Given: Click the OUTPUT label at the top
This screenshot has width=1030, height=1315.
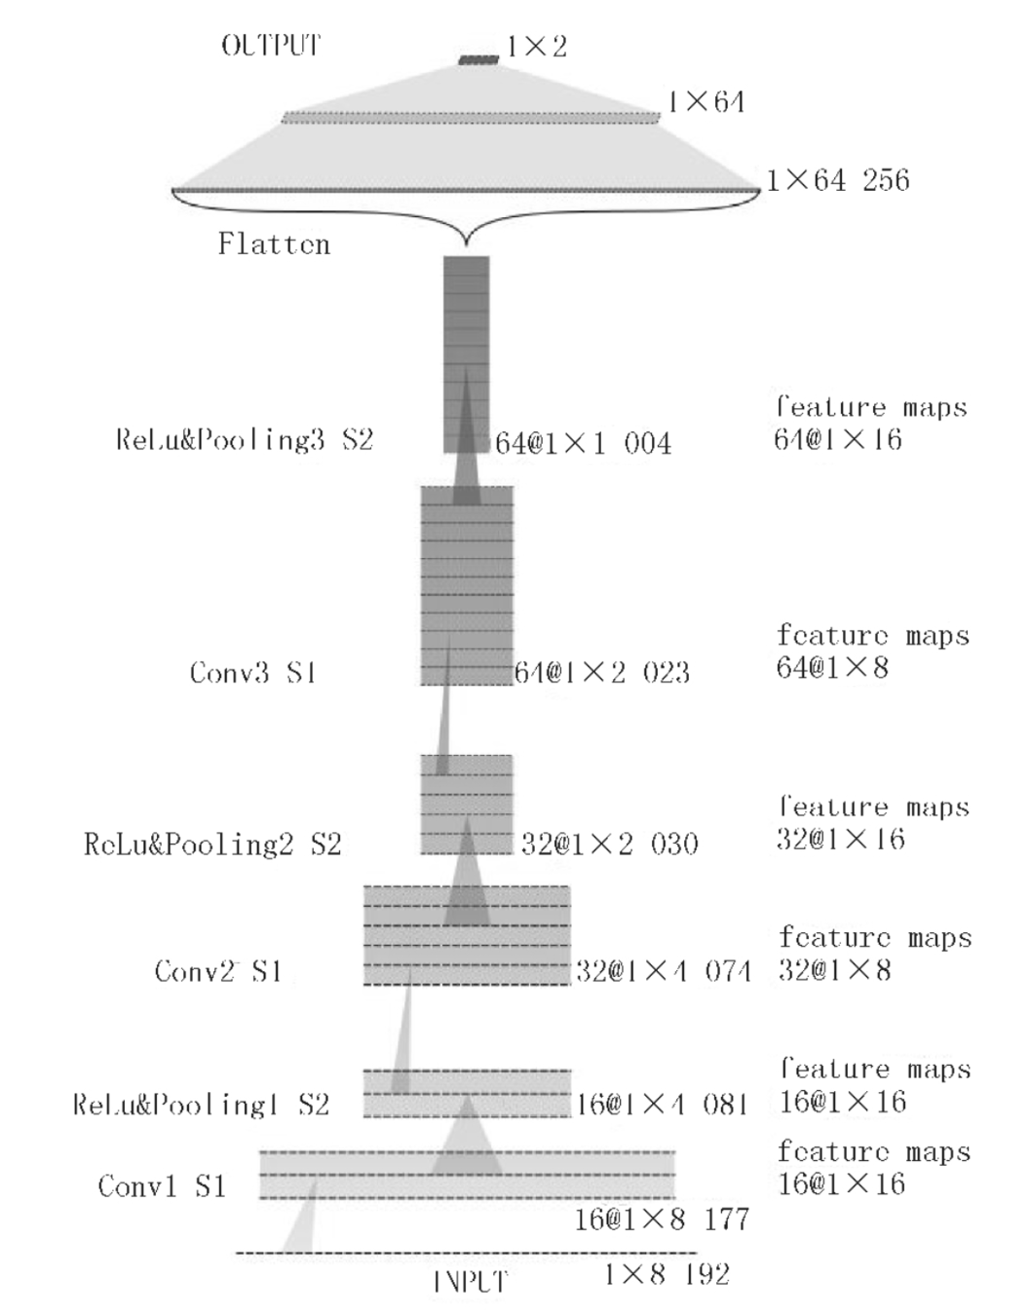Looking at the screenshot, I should pyautogui.click(x=271, y=46).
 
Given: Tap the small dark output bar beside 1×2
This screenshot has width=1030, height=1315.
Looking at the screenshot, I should pyautogui.click(x=478, y=60).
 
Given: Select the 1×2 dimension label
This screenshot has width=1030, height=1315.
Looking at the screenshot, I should pyautogui.click(x=536, y=46).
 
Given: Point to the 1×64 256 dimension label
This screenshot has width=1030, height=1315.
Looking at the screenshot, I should pyautogui.click(x=838, y=180).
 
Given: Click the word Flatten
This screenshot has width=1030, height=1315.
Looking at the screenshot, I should pyautogui.click(x=274, y=244).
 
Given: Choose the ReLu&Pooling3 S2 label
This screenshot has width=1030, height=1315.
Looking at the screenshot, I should pyautogui.click(x=245, y=439).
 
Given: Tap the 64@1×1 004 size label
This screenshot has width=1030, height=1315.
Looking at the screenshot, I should pyautogui.click(x=583, y=444).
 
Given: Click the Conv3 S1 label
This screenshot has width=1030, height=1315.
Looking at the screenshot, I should pyautogui.click(x=253, y=672).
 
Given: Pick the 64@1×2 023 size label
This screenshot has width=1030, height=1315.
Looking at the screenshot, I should pyautogui.click(x=602, y=672).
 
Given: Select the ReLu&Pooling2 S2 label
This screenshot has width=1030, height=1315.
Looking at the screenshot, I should pyautogui.click(x=212, y=844).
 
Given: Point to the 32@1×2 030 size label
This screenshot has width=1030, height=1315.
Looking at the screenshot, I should pyautogui.click(x=609, y=844).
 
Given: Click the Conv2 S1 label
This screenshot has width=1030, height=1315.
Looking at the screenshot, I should pyautogui.click(x=218, y=971).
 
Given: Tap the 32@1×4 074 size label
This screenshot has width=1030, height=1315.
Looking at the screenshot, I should pyautogui.click(x=663, y=971).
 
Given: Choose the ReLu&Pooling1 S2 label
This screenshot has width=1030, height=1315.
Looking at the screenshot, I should pyautogui.click(x=202, y=1105).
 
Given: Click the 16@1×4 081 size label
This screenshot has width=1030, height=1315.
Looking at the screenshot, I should pyautogui.click(x=662, y=1104).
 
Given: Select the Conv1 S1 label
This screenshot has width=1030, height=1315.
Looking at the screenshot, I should pyautogui.click(x=162, y=1185).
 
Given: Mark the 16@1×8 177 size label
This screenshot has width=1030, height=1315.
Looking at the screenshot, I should pyautogui.click(x=662, y=1219).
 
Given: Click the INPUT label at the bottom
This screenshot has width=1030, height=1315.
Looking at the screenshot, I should pyautogui.click(x=470, y=1282).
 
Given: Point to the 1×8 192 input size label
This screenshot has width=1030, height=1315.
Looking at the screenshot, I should pyautogui.click(x=667, y=1274).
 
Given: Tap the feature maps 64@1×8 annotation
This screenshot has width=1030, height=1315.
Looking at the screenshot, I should pyautogui.click(x=872, y=652).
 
